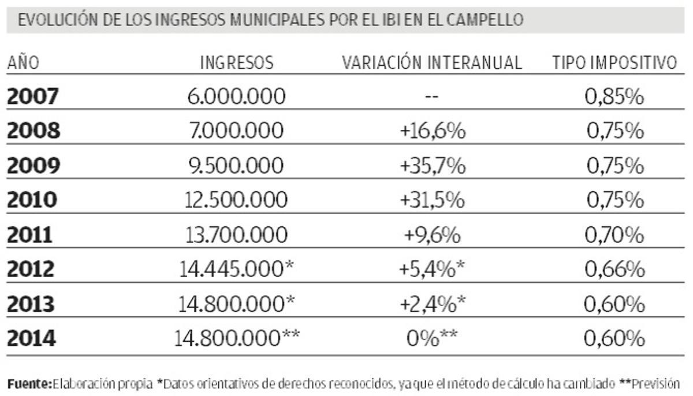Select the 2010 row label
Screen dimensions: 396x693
[x=32, y=200]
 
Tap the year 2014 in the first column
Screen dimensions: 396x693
[x=32, y=338]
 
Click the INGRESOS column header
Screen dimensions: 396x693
[x=237, y=63]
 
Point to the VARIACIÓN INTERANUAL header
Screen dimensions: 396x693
[x=432, y=63]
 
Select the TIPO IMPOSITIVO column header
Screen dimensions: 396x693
[x=614, y=63]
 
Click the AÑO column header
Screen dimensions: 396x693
[x=23, y=63]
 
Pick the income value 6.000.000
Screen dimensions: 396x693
[x=237, y=97]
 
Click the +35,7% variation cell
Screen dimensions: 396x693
[x=433, y=166]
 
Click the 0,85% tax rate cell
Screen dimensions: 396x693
[x=614, y=97]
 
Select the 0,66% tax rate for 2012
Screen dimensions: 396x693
[x=614, y=269]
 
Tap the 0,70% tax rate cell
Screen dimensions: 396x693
[x=614, y=235]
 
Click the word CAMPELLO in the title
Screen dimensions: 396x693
[x=489, y=20]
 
